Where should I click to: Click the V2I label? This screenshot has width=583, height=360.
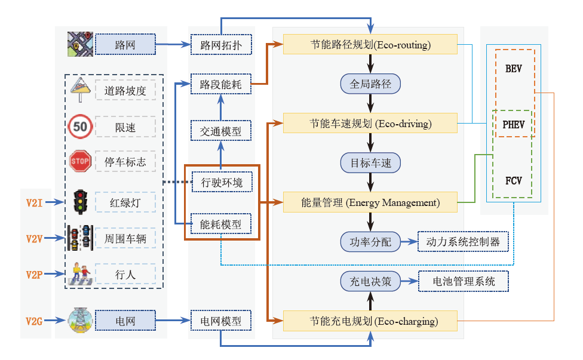(x=34, y=202)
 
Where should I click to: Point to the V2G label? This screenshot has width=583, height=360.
(x=34, y=321)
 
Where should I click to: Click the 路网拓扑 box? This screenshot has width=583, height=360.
(x=220, y=45)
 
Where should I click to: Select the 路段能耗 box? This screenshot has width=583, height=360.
(x=220, y=85)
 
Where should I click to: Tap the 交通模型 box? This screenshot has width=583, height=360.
(x=220, y=131)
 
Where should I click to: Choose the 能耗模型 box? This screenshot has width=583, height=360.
(x=220, y=224)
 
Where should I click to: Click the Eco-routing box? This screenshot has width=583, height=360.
(x=370, y=45)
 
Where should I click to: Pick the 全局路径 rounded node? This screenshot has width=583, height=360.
(x=370, y=84)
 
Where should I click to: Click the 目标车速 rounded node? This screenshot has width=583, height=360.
(x=370, y=162)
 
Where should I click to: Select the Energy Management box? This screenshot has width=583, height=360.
(x=370, y=202)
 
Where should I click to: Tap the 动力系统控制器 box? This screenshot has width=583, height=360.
(x=463, y=242)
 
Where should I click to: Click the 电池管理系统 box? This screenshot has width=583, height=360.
(x=463, y=281)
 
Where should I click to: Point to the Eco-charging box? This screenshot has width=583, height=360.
(x=370, y=321)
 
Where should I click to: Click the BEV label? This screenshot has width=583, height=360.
(x=513, y=69)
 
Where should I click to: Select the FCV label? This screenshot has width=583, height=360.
(x=513, y=179)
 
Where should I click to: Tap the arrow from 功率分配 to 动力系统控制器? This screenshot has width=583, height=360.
(x=409, y=242)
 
